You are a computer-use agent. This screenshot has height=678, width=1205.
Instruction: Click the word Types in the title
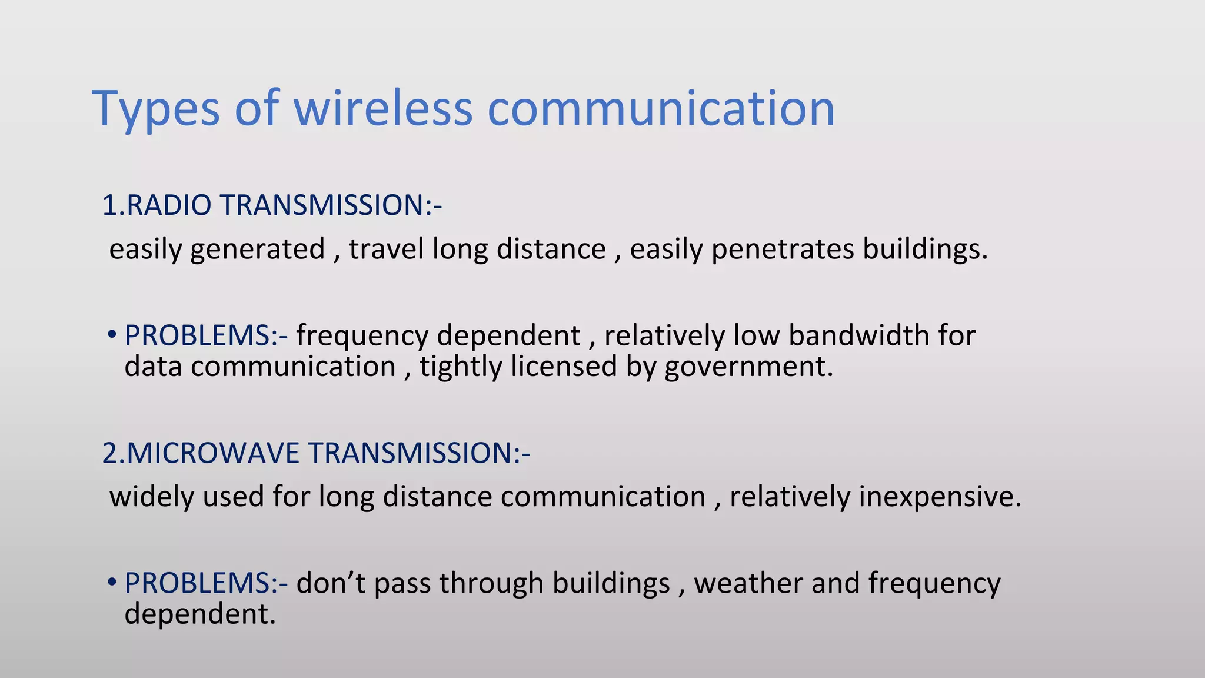[x=156, y=109]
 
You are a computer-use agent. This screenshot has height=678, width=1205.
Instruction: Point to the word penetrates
[x=783, y=249]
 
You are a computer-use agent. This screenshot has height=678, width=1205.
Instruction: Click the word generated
[x=258, y=249]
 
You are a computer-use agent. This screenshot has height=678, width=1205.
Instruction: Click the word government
[x=748, y=367]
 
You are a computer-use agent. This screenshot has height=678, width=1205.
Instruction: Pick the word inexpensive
[x=940, y=497]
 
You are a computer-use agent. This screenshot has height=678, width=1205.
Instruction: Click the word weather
[x=748, y=583]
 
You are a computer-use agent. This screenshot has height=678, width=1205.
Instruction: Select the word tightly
[x=460, y=367]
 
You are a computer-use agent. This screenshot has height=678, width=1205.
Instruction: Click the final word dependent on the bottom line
[x=199, y=614]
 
